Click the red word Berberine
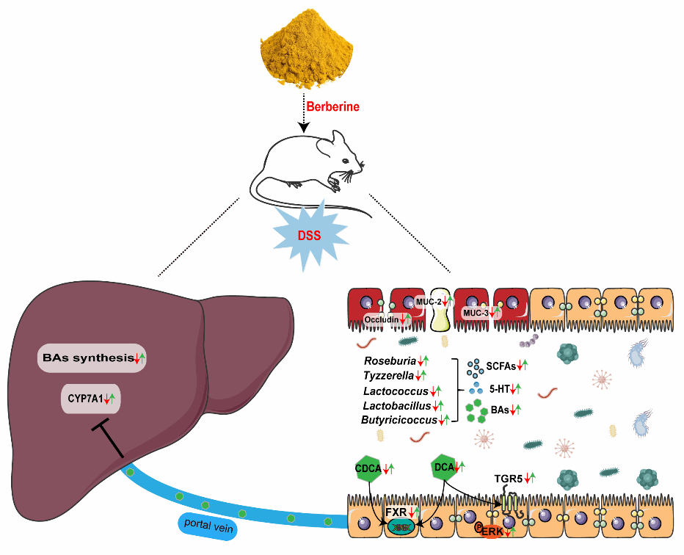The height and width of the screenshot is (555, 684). [x=332, y=107]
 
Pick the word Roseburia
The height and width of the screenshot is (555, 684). [x=390, y=361]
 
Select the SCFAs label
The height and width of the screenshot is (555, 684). [x=501, y=365]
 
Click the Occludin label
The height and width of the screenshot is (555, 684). [x=382, y=319]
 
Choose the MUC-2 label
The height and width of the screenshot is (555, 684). [x=427, y=302]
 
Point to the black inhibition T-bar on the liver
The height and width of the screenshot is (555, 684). [x=108, y=438]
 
